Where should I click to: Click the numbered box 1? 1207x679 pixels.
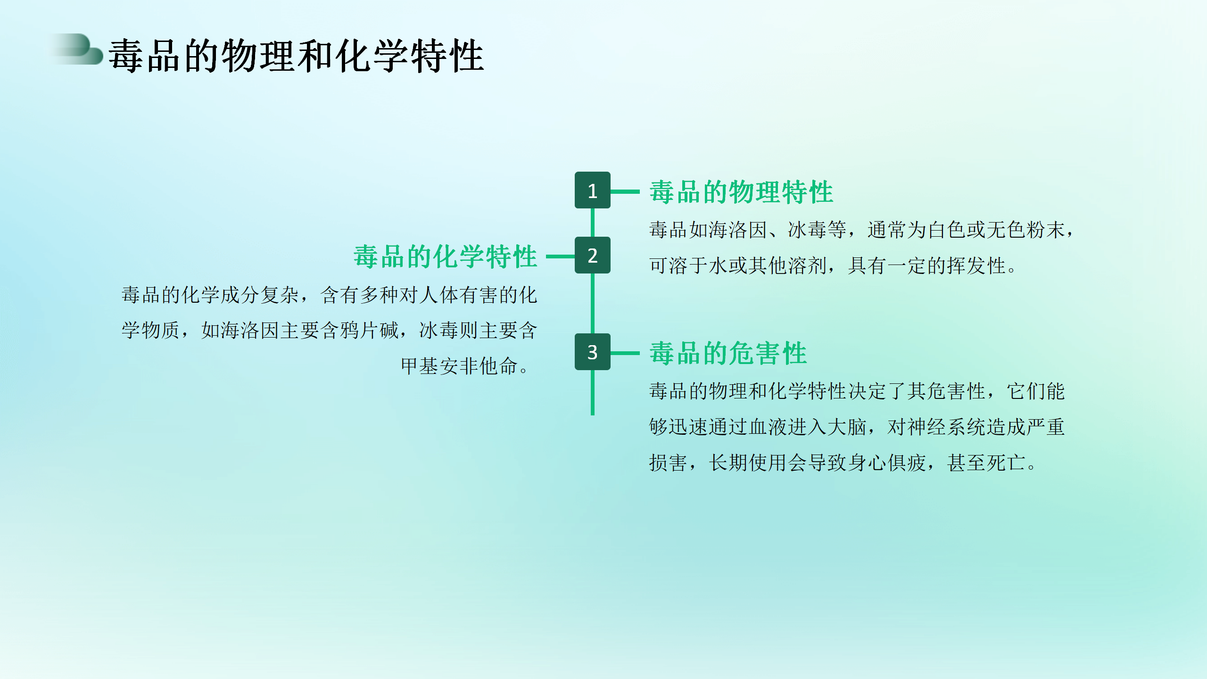coord(592,190)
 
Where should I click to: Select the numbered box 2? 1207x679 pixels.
coord(592,255)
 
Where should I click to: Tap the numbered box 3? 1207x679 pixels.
coord(592,352)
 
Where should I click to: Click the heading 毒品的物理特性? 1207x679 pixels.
coord(741,192)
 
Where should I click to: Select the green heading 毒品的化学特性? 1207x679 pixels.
coord(446,257)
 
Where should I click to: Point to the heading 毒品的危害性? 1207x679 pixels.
coord(728,353)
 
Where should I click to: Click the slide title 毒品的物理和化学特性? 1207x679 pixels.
coord(296,56)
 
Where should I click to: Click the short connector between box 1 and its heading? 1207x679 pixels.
coord(625,191)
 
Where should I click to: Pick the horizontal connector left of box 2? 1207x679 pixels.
coord(560,257)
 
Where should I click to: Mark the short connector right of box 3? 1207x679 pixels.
coord(625,353)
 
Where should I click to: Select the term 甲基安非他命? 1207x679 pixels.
coord(459,366)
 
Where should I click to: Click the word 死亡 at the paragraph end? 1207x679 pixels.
coord(1006,463)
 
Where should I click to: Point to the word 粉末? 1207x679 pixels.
coord(1046,230)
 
